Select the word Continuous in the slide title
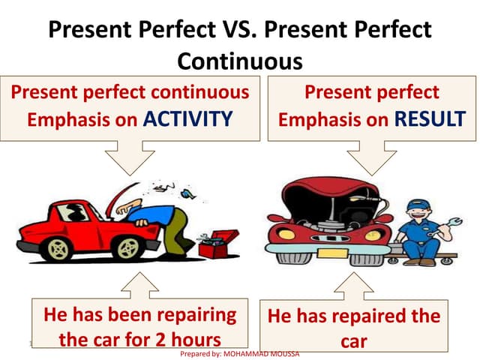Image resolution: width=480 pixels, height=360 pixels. (x=239, y=61)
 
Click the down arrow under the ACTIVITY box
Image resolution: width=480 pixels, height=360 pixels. (x=129, y=158)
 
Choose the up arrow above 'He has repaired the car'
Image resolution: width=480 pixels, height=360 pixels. (x=352, y=285)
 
